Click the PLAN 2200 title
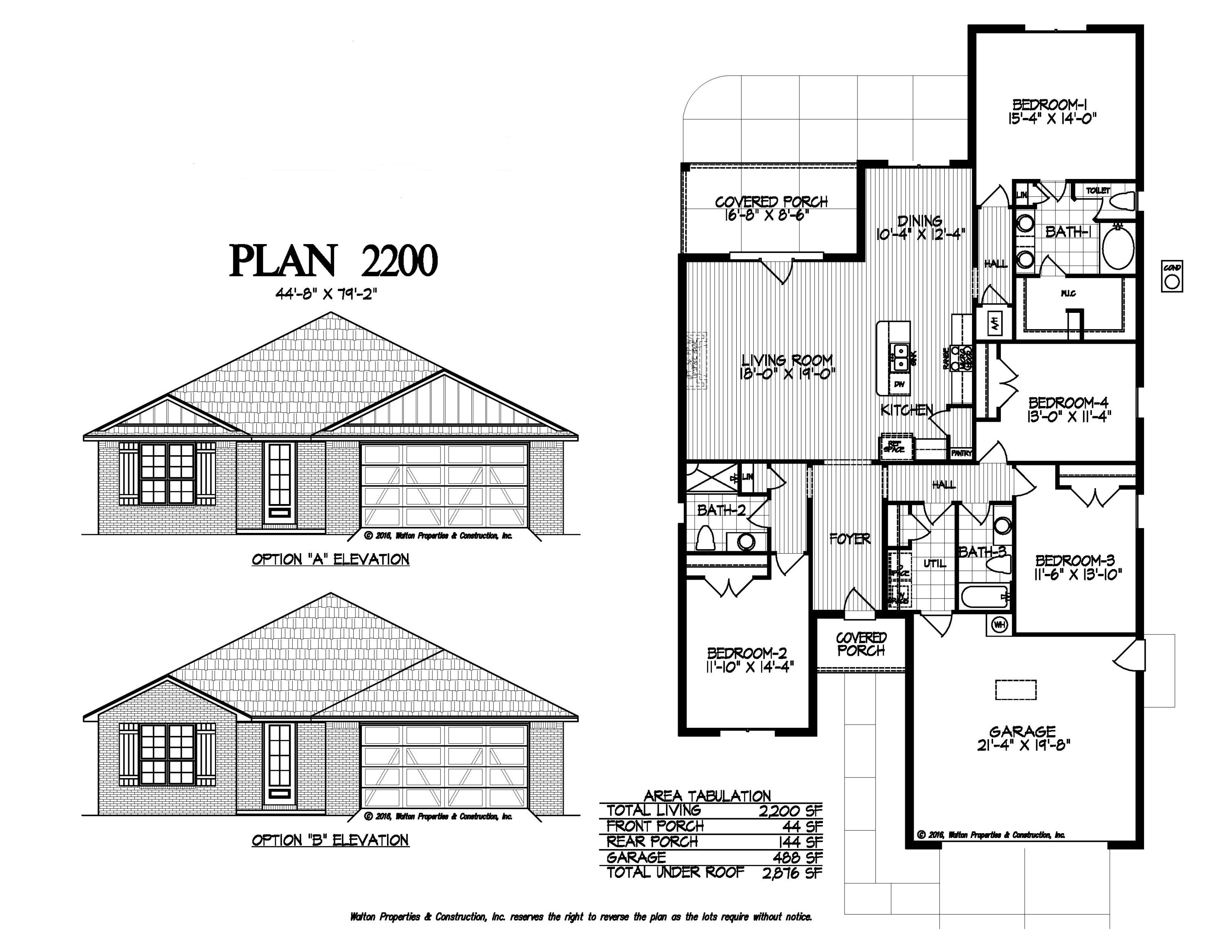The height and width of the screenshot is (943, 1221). click(x=333, y=260)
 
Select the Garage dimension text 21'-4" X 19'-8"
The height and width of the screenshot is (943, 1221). click(x=1023, y=745)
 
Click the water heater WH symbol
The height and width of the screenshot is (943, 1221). click(x=999, y=624)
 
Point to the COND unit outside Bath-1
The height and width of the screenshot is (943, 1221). click(x=1172, y=277)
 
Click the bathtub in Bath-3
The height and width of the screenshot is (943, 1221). click(x=985, y=597)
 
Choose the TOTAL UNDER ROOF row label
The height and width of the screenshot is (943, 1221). click(x=675, y=872)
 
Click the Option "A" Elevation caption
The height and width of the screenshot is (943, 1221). click(x=330, y=559)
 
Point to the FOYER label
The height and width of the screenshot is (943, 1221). click(x=850, y=539)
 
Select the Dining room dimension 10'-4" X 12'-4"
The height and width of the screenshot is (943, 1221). click(x=920, y=234)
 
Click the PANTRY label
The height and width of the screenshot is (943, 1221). click(x=962, y=453)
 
